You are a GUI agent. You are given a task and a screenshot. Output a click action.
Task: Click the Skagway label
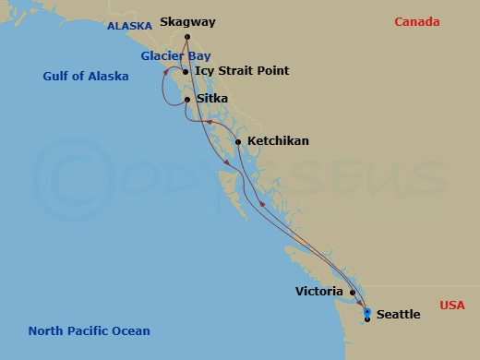click(x=189, y=21)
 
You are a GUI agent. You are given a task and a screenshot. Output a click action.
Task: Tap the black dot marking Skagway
click(x=187, y=38)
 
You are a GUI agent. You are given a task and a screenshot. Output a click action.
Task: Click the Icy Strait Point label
click(x=243, y=71)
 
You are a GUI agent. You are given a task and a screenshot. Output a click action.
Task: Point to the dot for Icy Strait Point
click(x=186, y=72)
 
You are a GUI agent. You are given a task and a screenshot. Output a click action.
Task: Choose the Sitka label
click(x=212, y=99)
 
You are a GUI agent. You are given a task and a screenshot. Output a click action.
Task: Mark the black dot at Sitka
click(x=187, y=100)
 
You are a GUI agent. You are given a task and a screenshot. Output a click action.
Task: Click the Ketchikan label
click(x=278, y=141)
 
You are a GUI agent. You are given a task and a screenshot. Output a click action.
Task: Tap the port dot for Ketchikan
click(x=238, y=141)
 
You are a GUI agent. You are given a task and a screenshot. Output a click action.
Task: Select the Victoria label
click(x=319, y=292)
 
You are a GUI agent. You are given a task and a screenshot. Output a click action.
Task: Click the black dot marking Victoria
click(x=352, y=292)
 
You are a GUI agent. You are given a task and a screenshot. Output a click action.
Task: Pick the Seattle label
click(x=399, y=315)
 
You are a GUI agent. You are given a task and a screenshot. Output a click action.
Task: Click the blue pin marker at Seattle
click(x=367, y=312)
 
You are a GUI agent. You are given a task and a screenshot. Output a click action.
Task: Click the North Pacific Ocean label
click(x=89, y=330)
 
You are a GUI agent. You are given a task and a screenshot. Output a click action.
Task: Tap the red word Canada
click(x=417, y=22)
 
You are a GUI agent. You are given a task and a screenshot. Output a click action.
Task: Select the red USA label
click(x=452, y=306)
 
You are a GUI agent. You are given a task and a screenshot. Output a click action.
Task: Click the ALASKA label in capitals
click(x=129, y=27)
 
